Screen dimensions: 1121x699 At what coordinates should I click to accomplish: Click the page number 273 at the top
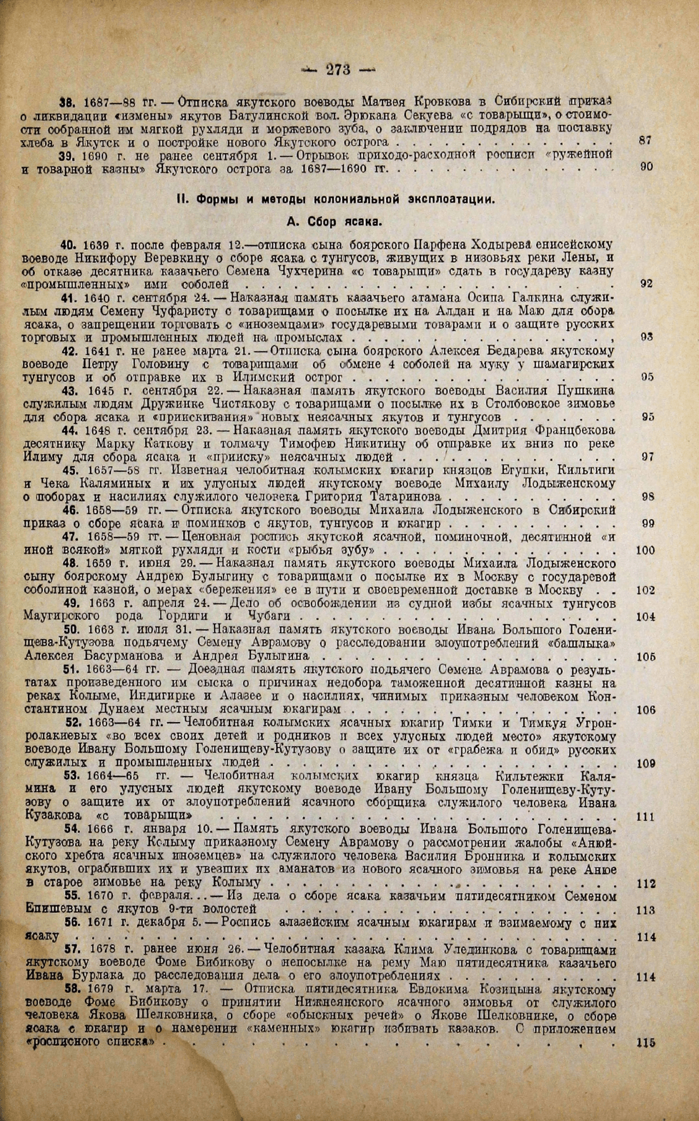[x=338, y=69]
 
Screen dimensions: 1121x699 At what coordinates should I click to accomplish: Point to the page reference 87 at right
[x=645, y=142]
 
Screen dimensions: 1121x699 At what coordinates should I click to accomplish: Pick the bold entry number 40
[x=69, y=245]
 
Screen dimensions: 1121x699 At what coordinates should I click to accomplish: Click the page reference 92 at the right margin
[x=645, y=284]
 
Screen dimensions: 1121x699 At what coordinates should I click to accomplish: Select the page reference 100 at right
[x=645, y=550]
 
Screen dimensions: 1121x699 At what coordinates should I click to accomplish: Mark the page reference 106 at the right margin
[x=645, y=710]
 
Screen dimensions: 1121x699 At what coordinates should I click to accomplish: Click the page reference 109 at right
[x=645, y=764]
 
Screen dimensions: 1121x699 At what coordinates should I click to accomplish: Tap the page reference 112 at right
[x=645, y=884]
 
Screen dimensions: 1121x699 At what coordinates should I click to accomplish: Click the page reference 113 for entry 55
[x=645, y=910]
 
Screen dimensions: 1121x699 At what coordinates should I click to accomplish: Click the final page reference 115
[x=645, y=1043]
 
